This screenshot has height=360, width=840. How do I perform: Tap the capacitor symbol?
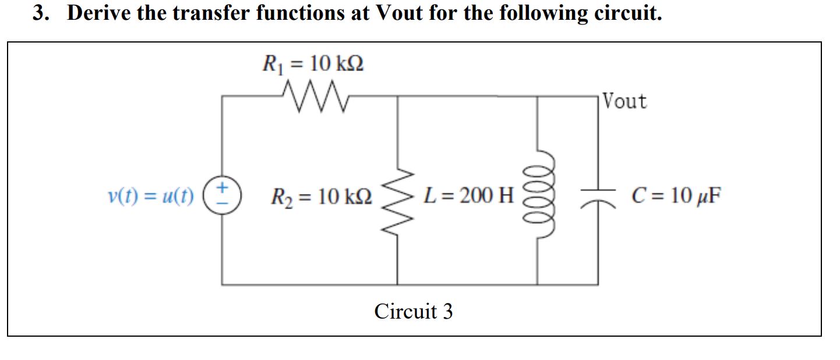point(597,195)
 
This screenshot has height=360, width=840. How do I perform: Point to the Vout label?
point(624,101)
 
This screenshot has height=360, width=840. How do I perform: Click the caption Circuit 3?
point(413,311)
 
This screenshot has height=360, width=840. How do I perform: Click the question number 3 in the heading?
point(39,13)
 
